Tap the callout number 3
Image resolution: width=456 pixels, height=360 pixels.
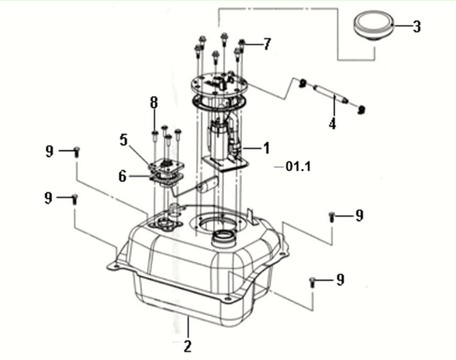click(417, 27)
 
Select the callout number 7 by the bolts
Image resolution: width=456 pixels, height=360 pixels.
click(266, 44)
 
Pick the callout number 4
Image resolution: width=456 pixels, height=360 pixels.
click(332, 123)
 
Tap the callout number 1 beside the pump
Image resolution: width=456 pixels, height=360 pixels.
click(266, 146)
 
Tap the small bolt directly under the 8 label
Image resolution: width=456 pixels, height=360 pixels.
click(154, 137)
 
